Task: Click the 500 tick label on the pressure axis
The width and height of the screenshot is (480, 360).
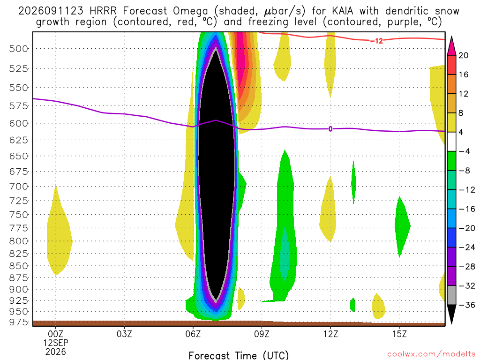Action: pos(18,49)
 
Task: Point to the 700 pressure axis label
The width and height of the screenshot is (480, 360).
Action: pos(18,187)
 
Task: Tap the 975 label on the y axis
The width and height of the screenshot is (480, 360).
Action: pos(18,322)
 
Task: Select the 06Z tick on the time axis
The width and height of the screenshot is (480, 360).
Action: pos(193,334)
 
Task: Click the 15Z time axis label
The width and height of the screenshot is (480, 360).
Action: pos(399,334)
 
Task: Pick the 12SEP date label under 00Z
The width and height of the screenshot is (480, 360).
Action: pos(55,343)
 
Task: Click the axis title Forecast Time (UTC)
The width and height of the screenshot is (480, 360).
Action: pos(239,355)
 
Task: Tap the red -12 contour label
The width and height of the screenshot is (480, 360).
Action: pos(376,41)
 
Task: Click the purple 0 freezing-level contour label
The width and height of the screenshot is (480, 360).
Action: pos(330,129)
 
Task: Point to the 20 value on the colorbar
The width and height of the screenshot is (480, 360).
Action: pos(463,55)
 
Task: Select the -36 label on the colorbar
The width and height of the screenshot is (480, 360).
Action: pos(467,305)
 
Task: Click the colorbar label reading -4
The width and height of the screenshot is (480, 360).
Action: pos(464,151)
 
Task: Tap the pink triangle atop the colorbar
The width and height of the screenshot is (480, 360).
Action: pos(451,46)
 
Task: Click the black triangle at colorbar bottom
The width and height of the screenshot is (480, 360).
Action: pos(451,314)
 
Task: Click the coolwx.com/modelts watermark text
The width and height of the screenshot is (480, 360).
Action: pos(431,354)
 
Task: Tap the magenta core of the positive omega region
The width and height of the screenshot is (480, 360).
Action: pos(243,61)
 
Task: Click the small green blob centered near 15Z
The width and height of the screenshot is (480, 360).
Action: pos(402,226)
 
